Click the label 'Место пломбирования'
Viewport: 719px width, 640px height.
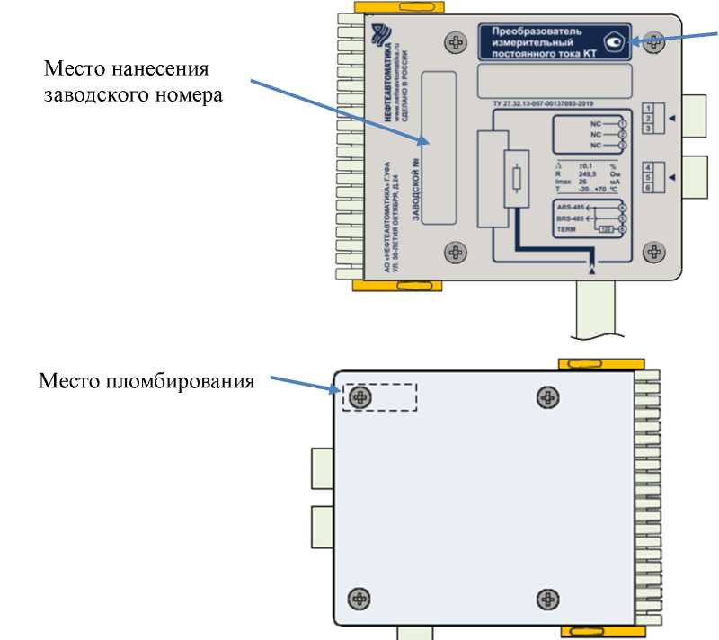146,381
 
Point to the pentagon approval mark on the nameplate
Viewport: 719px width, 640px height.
616,41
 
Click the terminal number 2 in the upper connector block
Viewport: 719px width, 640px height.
647,119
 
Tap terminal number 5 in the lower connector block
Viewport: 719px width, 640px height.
647,178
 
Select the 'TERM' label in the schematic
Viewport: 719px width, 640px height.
567,230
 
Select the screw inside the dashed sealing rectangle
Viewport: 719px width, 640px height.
361,397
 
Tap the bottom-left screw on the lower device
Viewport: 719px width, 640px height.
360,598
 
